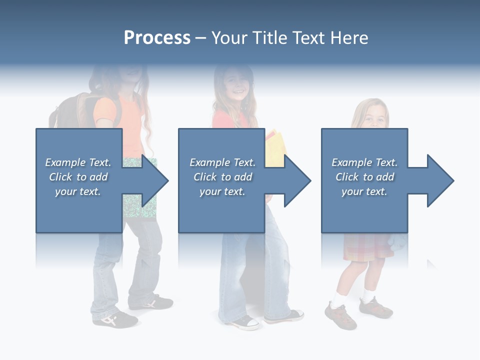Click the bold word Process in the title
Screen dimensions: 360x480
(157, 37)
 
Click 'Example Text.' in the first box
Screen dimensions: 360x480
(78, 162)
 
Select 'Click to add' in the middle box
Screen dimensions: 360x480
(222, 177)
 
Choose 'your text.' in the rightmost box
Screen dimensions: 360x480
(364, 191)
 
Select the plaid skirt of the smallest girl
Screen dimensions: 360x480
(367, 247)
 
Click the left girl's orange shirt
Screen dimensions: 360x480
(131, 120)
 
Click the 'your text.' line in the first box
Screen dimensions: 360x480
(78, 191)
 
